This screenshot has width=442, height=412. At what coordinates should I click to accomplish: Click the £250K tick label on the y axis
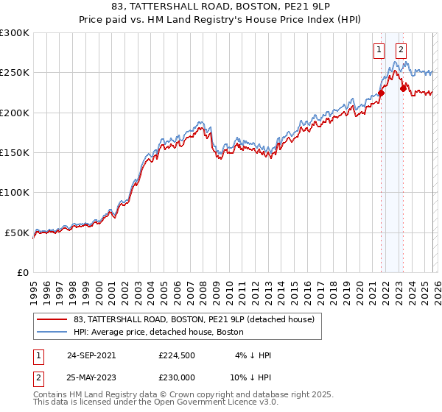coord(14,73)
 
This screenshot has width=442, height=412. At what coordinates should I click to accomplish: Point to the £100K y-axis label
coord(14,192)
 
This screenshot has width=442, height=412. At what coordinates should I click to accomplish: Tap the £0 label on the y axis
coord(21,272)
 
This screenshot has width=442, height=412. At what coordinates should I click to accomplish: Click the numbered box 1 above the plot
coord(379,50)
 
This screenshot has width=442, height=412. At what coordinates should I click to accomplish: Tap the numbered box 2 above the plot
coord(401,50)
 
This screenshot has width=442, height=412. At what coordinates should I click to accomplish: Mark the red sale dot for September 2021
coord(382,93)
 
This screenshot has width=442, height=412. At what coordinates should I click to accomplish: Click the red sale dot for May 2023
coord(403,88)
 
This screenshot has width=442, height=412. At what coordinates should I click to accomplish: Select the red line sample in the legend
coord(52,319)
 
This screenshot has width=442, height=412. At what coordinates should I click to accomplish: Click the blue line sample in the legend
coord(52,332)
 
